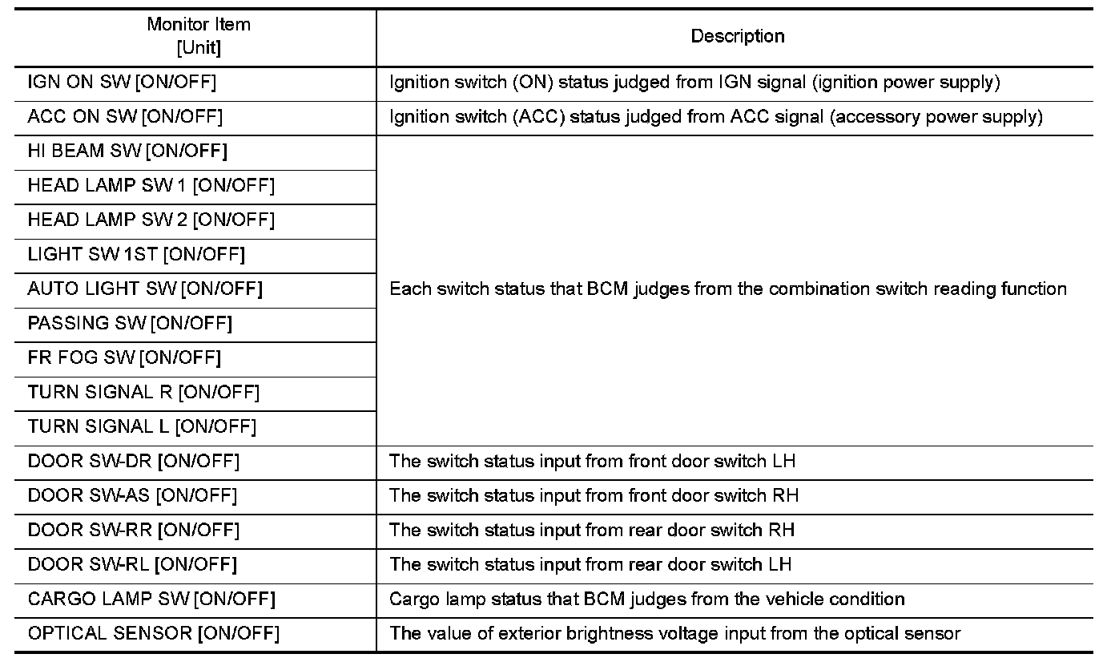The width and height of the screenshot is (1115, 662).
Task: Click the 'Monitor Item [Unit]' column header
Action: [199, 36]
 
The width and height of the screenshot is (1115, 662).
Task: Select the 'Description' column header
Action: [738, 36]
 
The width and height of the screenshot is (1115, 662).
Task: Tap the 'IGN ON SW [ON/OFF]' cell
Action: [122, 83]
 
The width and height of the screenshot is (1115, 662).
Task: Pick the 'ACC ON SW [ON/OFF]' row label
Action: [125, 116]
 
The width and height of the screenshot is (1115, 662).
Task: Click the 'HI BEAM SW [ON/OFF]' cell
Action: [127, 151]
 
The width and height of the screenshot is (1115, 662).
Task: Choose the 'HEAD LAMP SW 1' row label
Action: [107, 185]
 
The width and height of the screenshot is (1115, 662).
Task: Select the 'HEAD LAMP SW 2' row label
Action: [107, 220]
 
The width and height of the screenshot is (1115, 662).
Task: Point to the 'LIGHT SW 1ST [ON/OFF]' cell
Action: [136, 255]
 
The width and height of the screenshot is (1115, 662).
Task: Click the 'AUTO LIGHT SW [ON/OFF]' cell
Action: [145, 289]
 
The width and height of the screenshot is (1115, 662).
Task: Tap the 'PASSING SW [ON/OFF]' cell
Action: [130, 323]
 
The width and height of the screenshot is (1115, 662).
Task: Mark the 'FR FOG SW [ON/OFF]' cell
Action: [124, 357]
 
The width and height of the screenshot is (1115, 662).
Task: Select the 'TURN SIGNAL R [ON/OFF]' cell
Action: [143, 393]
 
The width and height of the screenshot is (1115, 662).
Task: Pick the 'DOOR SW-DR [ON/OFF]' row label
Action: [134, 462]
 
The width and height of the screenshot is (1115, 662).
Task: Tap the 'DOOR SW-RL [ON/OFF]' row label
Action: [132, 564]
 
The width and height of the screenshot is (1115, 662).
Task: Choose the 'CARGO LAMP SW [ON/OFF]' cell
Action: [151, 599]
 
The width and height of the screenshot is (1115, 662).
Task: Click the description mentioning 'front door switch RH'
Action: [594, 495]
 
